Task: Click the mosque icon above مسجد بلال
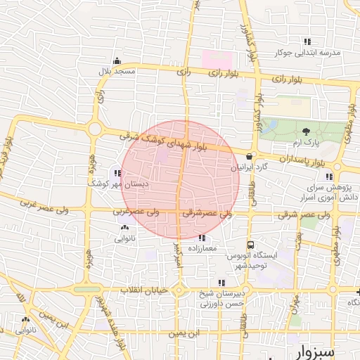coord(117,60)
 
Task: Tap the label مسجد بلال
coord(114,71)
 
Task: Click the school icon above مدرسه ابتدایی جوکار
coord(307,41)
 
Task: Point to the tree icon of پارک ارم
coord(306,131)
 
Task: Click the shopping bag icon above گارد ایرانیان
coord(250,156)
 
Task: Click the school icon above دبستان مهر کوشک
coord(117,172)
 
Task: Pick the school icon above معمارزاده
coord(203,238)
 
